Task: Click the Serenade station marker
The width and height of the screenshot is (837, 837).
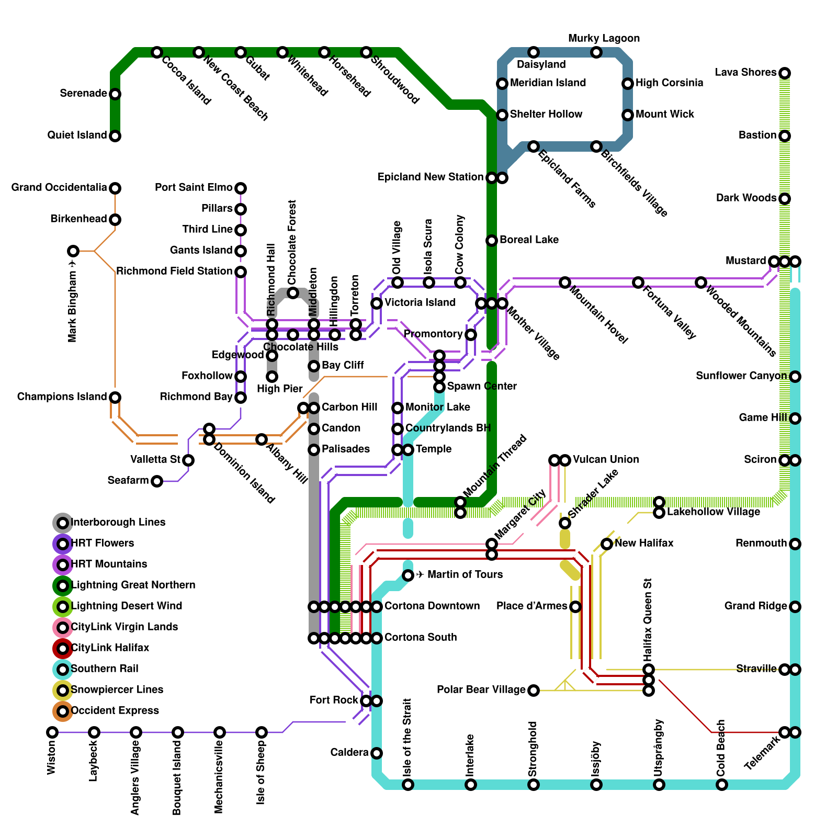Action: pos(115,94)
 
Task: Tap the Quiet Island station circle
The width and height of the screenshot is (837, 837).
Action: pos(115,136)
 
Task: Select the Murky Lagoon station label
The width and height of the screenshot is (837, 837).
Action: pos(604,39)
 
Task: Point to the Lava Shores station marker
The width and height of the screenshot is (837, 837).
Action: pos(784,73)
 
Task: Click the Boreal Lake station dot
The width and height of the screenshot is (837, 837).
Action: pos(491,241)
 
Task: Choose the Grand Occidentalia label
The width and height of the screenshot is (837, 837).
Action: pos(59,187)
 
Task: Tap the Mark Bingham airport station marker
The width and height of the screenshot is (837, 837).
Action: pos(73,251)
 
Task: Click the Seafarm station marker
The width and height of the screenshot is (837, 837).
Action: pos(156,481)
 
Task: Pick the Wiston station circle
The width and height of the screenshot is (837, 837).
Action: pos(52,732)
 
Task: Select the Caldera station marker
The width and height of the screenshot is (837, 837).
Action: pos(376,753)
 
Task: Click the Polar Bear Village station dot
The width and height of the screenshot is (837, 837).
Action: pos(533,691)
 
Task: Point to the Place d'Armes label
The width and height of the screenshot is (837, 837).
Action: pos(532,606)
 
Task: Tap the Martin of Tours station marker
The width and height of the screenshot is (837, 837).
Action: pos(408,575)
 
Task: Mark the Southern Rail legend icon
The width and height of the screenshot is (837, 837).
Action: pos(63,669)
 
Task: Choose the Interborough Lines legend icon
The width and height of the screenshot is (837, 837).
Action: pos(63,523)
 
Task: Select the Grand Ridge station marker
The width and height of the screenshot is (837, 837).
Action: pos(795,607)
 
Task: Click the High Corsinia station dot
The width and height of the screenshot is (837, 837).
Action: pos(627,84)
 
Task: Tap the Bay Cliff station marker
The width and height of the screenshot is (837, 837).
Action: pos(313,366)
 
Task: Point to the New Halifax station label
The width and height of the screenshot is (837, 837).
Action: pos(644,543)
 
